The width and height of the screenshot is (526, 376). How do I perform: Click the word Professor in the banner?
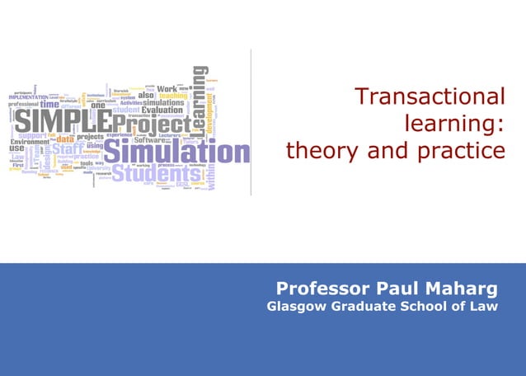[322, 289]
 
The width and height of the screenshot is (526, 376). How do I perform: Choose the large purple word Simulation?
[176, 153]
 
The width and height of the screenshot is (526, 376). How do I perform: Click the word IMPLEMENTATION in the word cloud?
[29, 97]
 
